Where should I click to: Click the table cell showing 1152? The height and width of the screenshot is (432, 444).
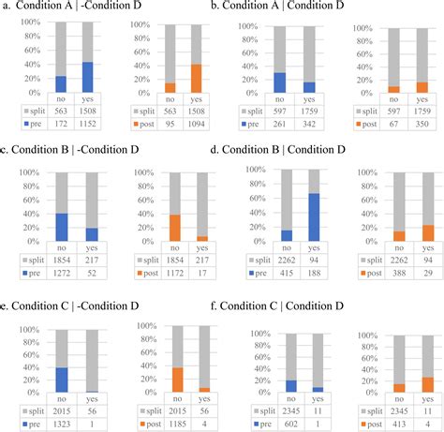point(88,122)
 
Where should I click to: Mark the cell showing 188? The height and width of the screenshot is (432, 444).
point(310,270)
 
